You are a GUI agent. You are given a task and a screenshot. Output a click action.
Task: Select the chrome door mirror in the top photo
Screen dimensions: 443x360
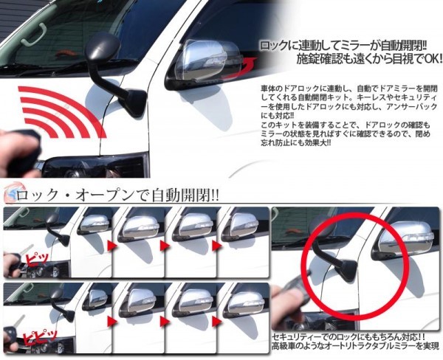204,64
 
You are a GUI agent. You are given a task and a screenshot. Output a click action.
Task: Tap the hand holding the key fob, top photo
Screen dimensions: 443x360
17,153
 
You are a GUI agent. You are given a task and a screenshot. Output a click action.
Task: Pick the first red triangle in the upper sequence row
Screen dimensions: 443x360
112,246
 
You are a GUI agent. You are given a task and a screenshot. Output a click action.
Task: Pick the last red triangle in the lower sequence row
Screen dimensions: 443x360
216,322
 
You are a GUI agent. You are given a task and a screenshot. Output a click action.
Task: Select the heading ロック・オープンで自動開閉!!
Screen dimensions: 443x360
117,195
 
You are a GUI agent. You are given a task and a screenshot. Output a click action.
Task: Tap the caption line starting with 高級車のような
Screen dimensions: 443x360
356,346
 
